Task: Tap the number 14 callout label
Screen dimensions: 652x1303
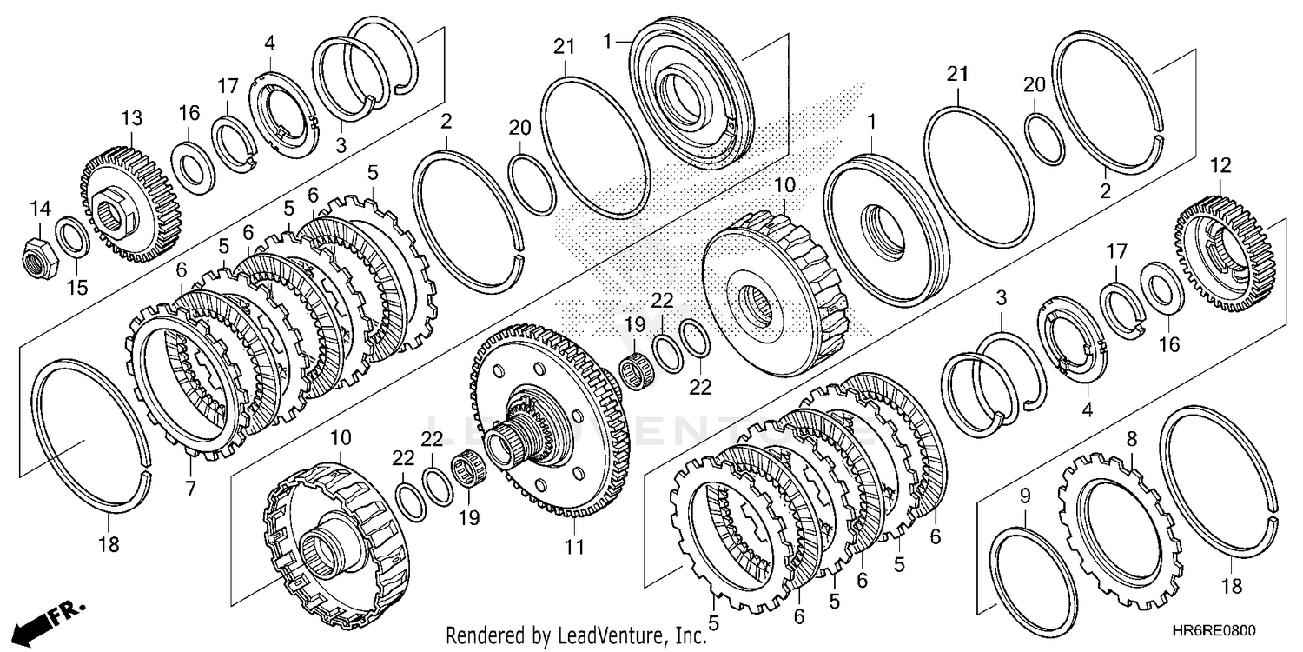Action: [x=40, y=209]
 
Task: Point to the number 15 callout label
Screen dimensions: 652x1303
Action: [x=77, y=287]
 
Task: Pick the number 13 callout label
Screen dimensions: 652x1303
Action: [x=131, y=118]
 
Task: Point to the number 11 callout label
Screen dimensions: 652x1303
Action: [x=574, y=547]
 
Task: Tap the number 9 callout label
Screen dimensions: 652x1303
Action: [x=1024, y=497]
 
